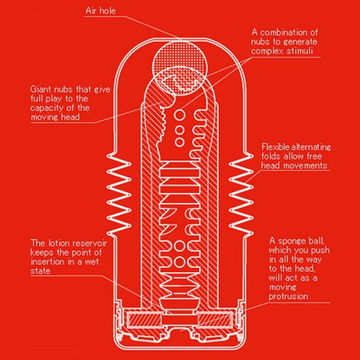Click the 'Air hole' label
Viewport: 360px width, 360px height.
point(101,11)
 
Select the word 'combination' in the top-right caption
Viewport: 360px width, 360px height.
point(284,32)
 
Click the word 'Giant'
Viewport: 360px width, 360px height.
point(41,89)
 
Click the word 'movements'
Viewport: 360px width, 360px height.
point(310,166)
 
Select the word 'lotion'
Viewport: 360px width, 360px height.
point(59,243)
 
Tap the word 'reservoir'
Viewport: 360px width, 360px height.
point(89,243)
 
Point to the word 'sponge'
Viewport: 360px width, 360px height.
point(293,241)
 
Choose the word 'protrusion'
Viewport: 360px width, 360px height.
point(288,296)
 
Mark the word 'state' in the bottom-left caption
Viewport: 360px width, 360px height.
point(40,271)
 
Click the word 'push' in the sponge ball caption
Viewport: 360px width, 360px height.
point(320,250)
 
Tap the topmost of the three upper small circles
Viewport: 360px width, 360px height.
point(179,114)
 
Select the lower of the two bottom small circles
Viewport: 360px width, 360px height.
point(179,261)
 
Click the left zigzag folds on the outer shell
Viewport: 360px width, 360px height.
point(119,193)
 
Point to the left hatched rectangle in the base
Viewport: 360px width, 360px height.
point(143,320)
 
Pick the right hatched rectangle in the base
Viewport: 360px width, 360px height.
point(215,320)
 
